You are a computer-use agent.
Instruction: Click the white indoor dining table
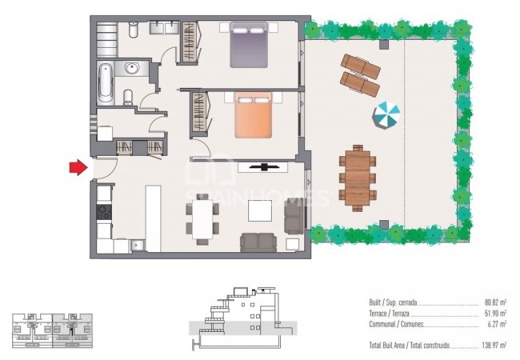tap(205, 218)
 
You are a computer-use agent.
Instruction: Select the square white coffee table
tap(261, 210)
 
